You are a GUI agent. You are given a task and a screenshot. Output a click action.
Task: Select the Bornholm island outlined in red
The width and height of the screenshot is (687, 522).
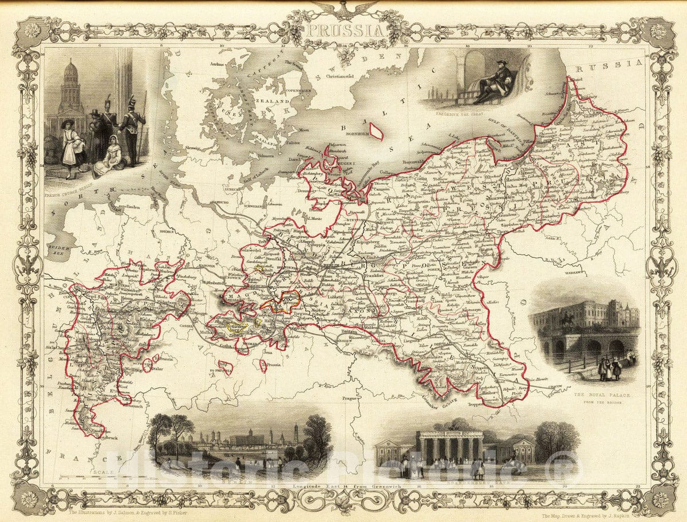click(x=376, y=131)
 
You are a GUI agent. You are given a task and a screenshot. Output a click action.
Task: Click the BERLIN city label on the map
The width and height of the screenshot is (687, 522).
click(x=331, y=266)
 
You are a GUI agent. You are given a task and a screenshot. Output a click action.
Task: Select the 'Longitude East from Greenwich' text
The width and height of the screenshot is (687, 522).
click(x=343, y=486)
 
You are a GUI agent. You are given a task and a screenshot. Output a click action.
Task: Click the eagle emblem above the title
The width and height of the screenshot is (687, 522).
click(x=344, y=8)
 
